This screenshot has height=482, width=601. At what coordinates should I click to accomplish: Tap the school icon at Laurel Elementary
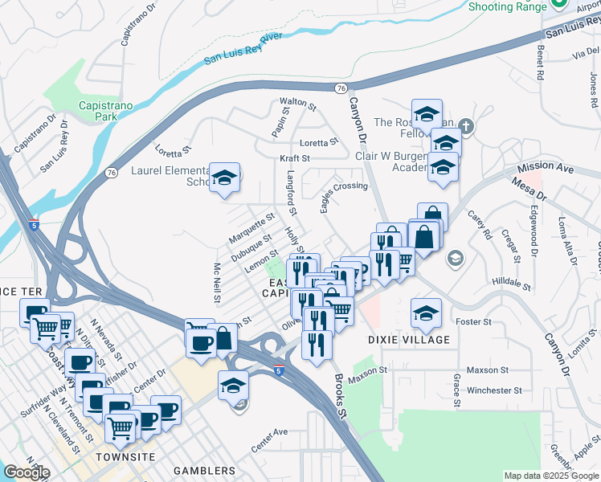pos(225,178)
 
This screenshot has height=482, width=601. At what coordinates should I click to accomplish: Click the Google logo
pos(27,472)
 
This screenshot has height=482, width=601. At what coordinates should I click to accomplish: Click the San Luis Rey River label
pos(243,47)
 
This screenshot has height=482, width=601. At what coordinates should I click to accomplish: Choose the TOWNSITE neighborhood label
pos(118,456)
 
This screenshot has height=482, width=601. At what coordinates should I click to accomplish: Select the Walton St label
pos(294,102)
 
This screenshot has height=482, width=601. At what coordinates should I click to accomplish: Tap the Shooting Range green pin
pos(560,4)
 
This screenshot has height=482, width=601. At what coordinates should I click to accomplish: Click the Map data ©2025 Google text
pos(551,476)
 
